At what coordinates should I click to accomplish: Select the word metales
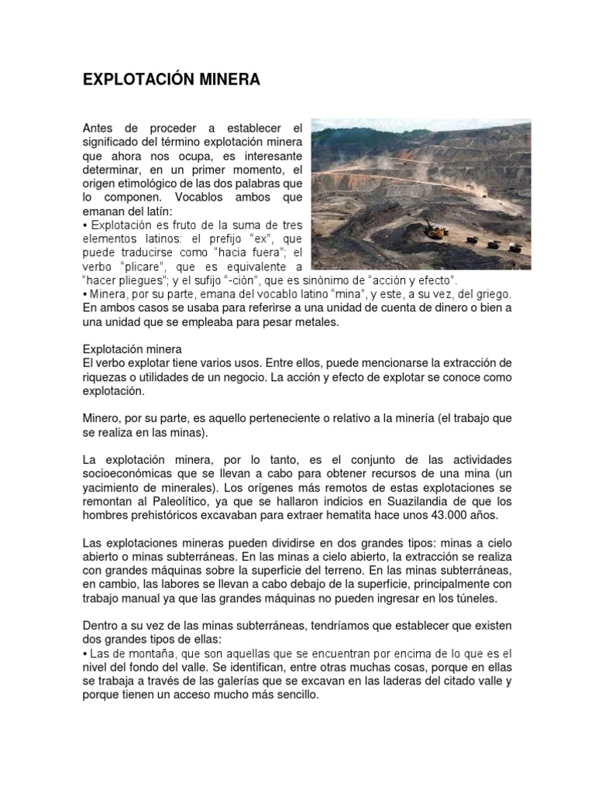tap(316, 322)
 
